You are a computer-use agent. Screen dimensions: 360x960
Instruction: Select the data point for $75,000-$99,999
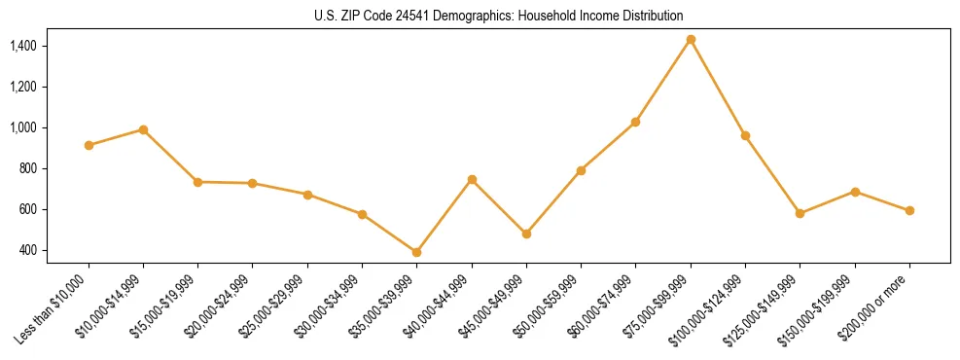[x=691, y=40]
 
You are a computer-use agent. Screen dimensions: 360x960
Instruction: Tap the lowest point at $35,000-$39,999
[x=416, y=252]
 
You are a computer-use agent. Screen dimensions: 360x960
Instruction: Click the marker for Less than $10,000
[x=89, y=145]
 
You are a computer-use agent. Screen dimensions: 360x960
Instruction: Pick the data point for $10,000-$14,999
[x=143, y=129]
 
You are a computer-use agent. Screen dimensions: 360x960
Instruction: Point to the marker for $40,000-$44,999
[x=472, y=179]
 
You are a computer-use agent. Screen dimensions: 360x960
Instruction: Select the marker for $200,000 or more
[x=909, y=210]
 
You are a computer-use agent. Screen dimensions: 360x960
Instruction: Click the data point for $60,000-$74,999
[x=635, y=122]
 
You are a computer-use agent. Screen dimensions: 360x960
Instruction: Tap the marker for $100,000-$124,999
[x=745, y=135]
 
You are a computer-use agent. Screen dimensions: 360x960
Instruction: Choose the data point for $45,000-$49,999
[x=526, y=234]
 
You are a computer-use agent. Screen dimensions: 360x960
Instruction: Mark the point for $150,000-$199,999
[x=855, y=192]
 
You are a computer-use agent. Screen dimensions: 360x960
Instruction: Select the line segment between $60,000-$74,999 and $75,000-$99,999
[x=663, y=81]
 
